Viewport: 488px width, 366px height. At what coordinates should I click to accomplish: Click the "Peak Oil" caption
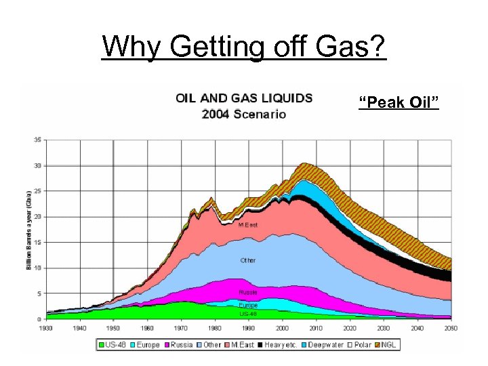click(x=399, y=103)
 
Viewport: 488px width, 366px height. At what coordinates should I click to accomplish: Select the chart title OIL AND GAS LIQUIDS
click(x=244, y=98)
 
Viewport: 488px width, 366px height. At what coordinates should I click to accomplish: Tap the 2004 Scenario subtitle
click(x=244, y=113)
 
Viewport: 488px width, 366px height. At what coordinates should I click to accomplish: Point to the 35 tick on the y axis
click(x=37, y=140)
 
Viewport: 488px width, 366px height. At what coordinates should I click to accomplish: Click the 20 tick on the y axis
click(x=37, y=217)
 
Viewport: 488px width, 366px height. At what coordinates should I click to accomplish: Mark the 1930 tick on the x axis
click(x=45, y=327)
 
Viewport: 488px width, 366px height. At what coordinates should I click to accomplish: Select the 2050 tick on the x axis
click(x=451, y=327)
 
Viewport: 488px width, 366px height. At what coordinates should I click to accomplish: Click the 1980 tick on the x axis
click(x=214, y=327)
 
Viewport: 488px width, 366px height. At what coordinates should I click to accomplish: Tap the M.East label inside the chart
click(x=248, y=224)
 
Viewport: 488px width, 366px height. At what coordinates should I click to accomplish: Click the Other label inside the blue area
click(x=248, y=260)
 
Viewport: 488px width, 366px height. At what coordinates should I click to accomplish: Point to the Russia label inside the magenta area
click(x=248, y=293)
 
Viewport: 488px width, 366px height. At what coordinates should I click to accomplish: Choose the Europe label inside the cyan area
click(x=248, y=305)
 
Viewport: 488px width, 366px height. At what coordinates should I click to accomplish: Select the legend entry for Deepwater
click(x=323, y=345)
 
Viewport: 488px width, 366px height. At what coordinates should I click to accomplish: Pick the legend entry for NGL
click(x=387, y=345)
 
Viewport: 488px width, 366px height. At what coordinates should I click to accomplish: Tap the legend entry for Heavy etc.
click(x=279, y=345)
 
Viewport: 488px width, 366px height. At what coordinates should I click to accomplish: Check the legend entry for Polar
click(x=361, y=345)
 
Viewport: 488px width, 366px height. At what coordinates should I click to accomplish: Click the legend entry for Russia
click(x=180, y=345)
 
